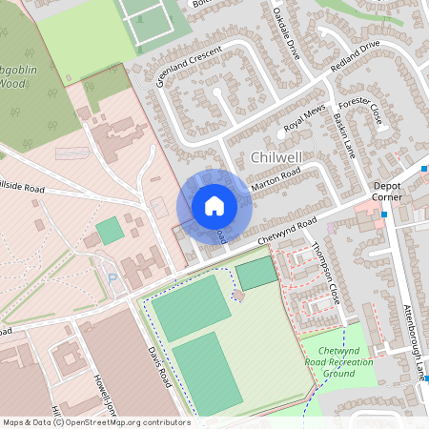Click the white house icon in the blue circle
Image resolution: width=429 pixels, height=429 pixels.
coord(214,206)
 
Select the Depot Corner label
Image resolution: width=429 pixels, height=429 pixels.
coord(388,192)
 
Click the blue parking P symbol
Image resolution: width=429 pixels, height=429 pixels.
coord(112,280)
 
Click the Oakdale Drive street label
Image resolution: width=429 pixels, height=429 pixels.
coord(286,34)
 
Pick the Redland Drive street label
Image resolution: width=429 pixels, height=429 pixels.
coord(355,59)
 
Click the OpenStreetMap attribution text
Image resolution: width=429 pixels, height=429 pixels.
coord(95,422)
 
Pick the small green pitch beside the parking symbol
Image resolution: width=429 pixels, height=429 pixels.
coord(110,230)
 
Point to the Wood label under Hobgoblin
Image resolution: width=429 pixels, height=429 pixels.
coord(10,83)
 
